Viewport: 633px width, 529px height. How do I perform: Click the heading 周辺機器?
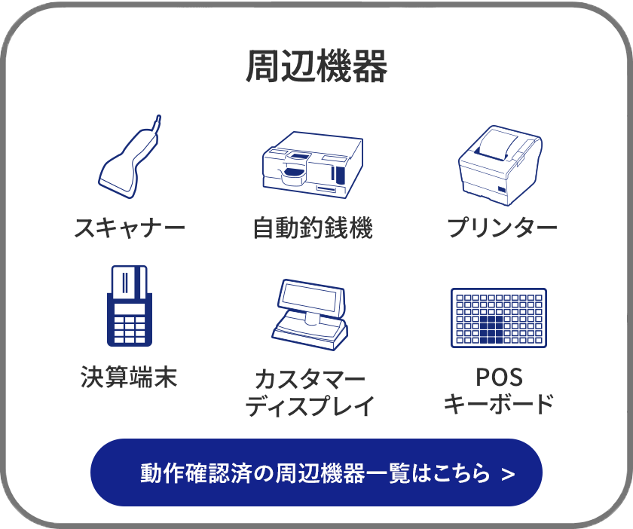point(316,67)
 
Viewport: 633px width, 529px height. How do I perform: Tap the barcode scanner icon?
point(129,161)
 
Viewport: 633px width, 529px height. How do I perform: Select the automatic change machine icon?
point(312,164)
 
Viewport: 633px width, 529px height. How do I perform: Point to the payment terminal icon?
point(129,307)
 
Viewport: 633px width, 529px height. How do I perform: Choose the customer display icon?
point(310,314)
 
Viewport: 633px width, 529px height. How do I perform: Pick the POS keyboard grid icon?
point(499,318)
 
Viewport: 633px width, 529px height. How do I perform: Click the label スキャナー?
point(130,228)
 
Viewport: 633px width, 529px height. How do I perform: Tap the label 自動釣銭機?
point(313,228)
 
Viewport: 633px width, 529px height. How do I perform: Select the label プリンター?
point(502,228)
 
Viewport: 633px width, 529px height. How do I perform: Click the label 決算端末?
point(129,377)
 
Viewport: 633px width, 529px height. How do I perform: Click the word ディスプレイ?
point(310,406)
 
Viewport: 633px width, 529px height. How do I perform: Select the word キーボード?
point(499,404)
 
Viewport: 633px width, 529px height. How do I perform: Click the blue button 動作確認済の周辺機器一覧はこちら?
point(316,472)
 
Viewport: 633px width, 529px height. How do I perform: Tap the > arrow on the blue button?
point(508,474)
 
